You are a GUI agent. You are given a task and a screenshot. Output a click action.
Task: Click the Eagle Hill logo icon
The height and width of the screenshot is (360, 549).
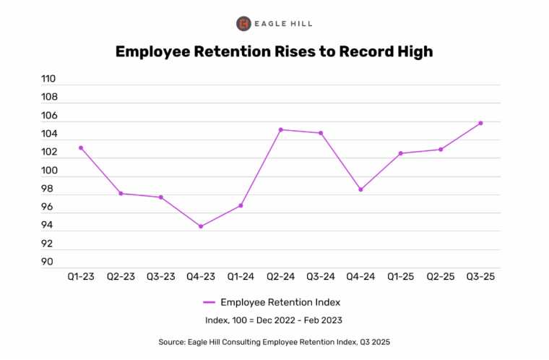pyautogui.click(x=243, y=24)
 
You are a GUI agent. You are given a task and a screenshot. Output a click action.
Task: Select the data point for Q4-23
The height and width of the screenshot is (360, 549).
pyautogui.click(x=201, y=226)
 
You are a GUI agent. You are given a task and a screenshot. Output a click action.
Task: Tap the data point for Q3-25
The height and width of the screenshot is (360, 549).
pyautogui.click(x=480, y=123)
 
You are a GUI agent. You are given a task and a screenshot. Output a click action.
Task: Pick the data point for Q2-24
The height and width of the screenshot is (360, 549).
pyautogui.click(x=280, y=129)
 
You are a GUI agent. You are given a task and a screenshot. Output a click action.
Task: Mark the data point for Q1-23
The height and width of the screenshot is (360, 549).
pyautogui.click(x=81, y=147)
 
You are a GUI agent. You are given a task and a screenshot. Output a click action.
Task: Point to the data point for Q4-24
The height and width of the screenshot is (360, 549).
pyautogui.click(x=360, y=189)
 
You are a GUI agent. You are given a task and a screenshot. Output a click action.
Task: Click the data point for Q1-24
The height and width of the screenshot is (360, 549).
pyautogui.click(x=241, y=205)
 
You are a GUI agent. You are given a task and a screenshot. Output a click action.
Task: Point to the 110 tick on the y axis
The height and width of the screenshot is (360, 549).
pyautogui.click(x=49, y=79)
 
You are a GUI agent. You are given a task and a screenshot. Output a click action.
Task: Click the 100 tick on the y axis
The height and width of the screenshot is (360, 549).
pyautogui.click(x=49, y=171)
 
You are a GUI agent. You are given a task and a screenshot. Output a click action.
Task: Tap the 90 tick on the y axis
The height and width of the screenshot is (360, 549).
pyautogui.click(x=49, y=262)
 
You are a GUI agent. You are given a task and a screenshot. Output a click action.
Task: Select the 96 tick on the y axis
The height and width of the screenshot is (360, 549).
pyautogui.click(x=49, y=207)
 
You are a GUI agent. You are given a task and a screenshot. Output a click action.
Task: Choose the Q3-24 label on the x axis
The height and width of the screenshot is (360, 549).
pyautogui.click(x=321, y=277)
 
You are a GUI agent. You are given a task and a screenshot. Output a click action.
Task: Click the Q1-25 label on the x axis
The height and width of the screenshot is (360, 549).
pyautogui.click(x=400, y=277)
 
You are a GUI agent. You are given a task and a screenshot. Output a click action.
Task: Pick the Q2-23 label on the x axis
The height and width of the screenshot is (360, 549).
pyautogui.click(x=121, y=277)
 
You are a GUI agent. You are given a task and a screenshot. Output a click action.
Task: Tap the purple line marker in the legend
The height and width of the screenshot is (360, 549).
pyautogui.click(x=209, y=302)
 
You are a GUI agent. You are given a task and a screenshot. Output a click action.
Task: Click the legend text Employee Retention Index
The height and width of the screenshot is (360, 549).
pyautogui.click(x=280, y=302)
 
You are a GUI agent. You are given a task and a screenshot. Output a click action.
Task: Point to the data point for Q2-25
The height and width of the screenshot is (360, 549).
pyautogui.click(x=441, y=150)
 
